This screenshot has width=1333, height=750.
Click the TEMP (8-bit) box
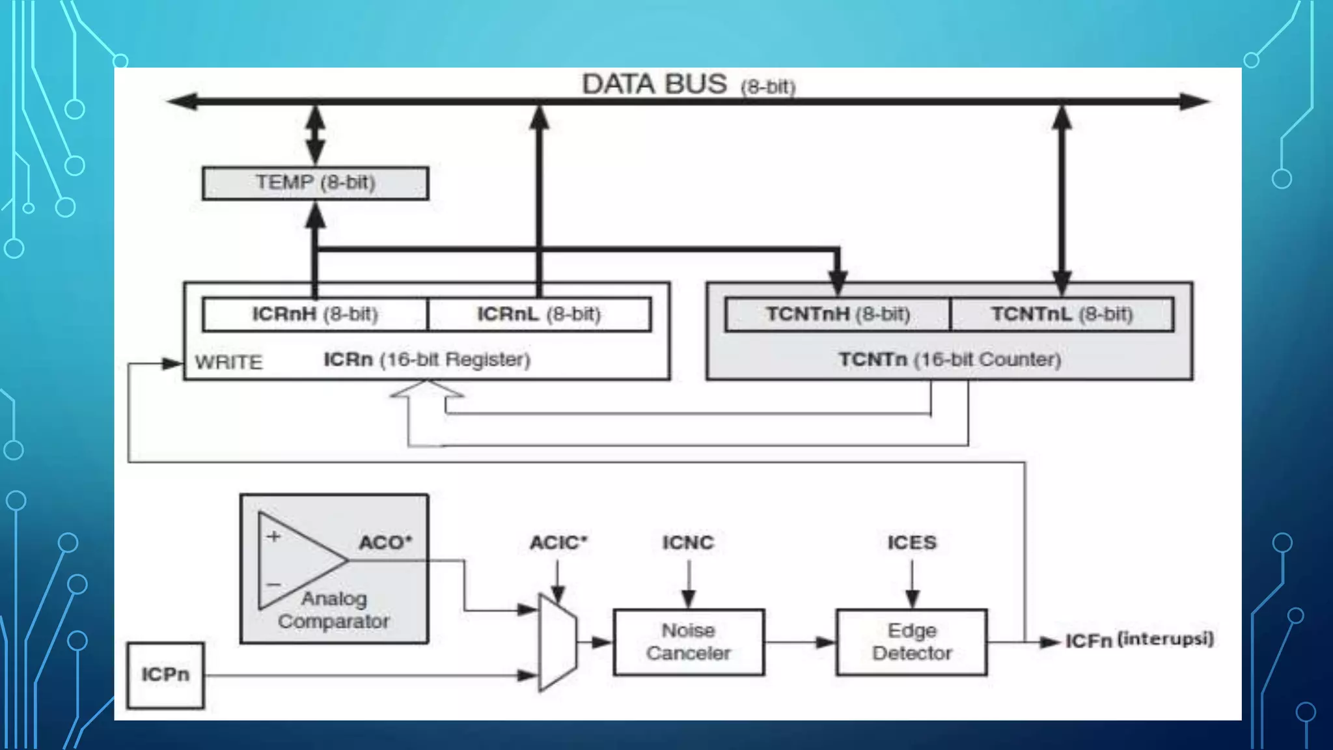(x=315, y=183)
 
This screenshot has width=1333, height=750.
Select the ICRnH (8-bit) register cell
(x=315, y=314)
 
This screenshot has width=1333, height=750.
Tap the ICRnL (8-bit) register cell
(x=539, y=314)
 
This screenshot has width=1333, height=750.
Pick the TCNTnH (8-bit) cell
(x=838, y=314)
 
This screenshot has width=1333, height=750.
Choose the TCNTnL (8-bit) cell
(x=1062, y=314)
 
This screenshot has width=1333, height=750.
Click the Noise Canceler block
(x=688, y=642)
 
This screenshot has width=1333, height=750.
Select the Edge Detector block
(x=911, y=642)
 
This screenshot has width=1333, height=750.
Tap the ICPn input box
(x=165, y=675)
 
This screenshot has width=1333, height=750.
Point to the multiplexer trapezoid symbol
(x=557, y=642)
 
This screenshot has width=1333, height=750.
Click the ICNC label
(x=688, y=542)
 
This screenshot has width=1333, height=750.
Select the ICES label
(x=912, y=542)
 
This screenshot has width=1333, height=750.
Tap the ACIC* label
(x=558, y=542)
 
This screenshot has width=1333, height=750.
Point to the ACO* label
(x=385, y=542)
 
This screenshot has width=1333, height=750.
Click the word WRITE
(x=228, y=362)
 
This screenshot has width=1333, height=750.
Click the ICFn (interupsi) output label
(x=1139, y=640)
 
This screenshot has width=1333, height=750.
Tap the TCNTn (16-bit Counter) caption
(x=950, y=359)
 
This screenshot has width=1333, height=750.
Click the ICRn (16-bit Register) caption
(x=427, y=359)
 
